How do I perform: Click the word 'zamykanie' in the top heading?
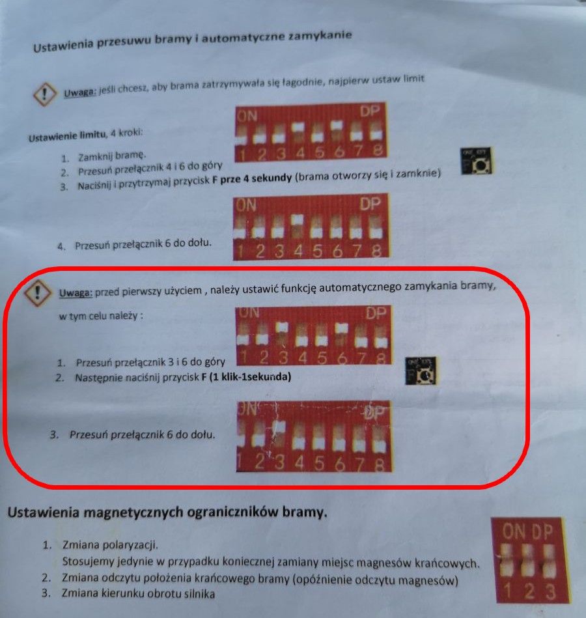point(320,36)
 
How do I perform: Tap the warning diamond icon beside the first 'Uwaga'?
point(44,94)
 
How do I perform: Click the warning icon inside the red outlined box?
point(37,292)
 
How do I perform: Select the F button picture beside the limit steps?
point(477,161)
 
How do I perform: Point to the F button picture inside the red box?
point(421,371)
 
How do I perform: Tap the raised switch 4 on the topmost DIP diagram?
point(298,127)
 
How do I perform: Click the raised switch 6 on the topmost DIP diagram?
point(337,125)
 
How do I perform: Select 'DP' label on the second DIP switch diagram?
point(370,204)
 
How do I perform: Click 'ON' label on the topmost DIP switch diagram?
point(247,116)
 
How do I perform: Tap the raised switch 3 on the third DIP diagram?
point(282,327)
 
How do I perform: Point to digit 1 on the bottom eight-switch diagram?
point(240,462)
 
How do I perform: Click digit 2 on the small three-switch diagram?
point(529,591)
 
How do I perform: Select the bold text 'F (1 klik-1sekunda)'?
point(246,377)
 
